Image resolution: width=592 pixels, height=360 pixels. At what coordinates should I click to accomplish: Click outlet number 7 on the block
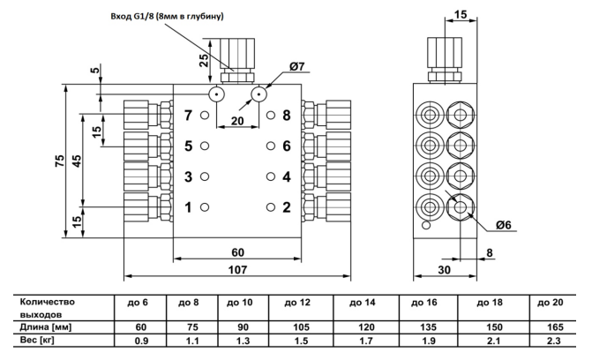[x=187, y=116]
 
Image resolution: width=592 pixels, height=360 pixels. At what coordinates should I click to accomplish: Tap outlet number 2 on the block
[x=286, y=207]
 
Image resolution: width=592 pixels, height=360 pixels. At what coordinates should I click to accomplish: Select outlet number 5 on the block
[x=187, y=146]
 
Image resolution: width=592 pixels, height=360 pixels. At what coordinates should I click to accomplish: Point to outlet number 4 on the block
[x=286, y=176]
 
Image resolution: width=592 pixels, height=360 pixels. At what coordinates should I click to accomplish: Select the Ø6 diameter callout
[x=503, y=225]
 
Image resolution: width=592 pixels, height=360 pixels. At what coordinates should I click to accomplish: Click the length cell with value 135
[x=432, y=326]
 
